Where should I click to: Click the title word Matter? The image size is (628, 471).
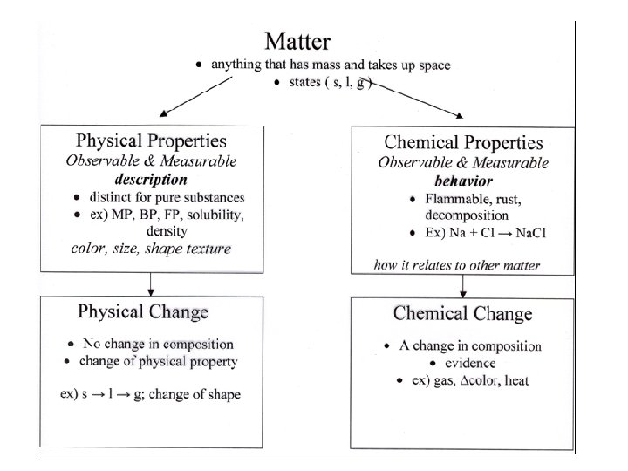click(x=297, y=41)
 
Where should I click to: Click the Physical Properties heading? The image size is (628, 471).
click(x=151, y=141)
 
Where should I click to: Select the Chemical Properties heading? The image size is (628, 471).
click(x=462, y=143)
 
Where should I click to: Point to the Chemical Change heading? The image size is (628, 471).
click(x=462, y=314)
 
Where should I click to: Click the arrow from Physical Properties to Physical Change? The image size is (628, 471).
click(x=151, y=283)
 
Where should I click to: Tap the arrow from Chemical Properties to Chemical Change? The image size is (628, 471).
click(x=462, y=284)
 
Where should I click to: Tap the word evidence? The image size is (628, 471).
click(x=471, y=363)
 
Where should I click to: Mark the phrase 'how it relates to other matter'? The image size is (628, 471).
click(x=457, y=265)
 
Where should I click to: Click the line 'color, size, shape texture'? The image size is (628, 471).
click(x=151, y=249)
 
